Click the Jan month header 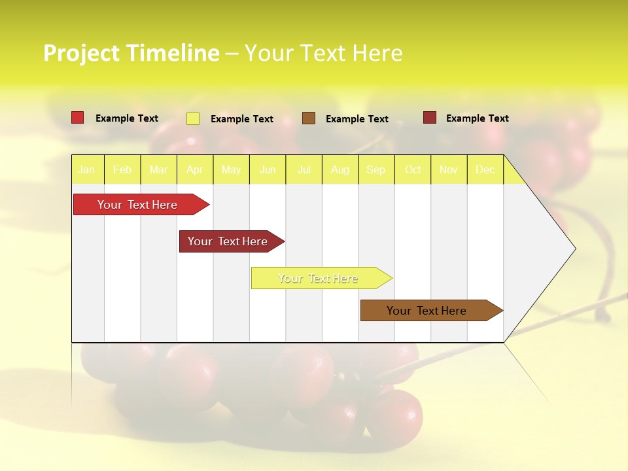click(86, 170)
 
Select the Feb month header click(122, 170)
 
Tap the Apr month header click(194, 170)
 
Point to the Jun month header click(268, 170)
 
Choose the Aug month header click(340, 170)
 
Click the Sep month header click(375, 170)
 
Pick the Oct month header click(413, 170)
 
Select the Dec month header click(485, 170)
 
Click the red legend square click(78, 118)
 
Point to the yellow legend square click(193, 118)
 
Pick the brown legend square click(309, 118)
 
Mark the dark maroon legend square click(430, 118)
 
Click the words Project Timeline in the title click(131, 53)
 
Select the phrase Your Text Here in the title click(323, 53)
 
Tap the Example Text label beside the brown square click(357, 119)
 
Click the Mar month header click(158, 170)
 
